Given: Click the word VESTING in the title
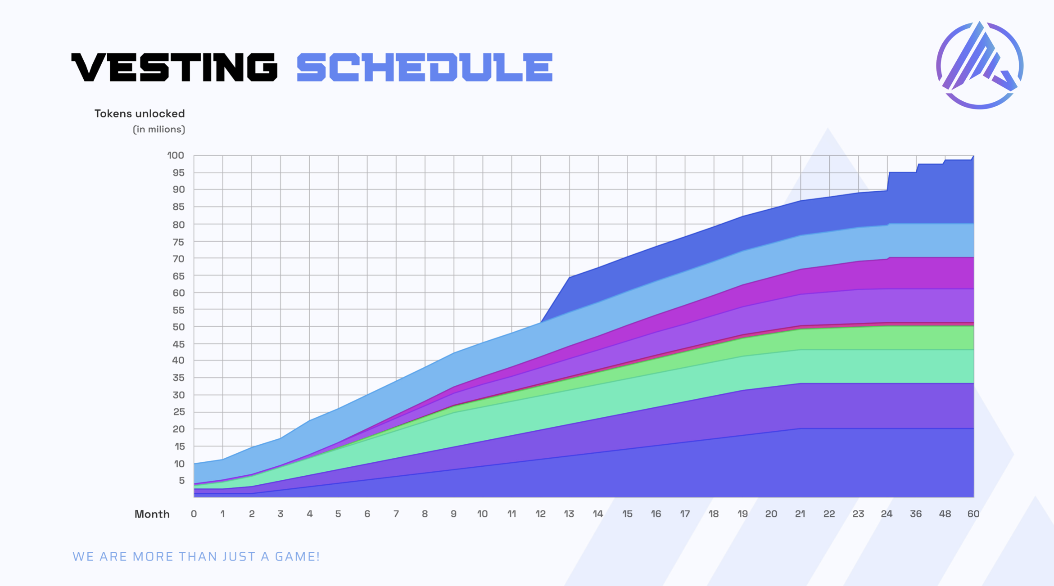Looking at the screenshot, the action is (174, 67).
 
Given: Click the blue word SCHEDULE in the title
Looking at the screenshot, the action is (425, 67).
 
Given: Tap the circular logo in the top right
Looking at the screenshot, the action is (980, 65).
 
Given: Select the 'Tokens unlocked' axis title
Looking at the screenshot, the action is (140, 113).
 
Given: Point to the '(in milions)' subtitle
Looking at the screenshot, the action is (159, 130).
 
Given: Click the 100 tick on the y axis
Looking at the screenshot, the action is (176, 155).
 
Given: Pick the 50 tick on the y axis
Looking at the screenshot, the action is (178, 327).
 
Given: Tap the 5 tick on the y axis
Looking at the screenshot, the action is (181, 481).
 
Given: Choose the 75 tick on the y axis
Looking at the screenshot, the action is (178, 242).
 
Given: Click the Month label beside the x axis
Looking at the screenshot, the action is (152, 514).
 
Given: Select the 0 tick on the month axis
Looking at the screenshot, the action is (194, 514).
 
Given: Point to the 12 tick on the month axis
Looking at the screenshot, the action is (540, 514).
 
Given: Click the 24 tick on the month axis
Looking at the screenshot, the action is (887, 514).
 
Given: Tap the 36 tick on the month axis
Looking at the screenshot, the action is (916, 514).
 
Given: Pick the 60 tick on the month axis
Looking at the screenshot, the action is (973, 514).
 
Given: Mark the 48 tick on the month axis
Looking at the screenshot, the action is (945, 514).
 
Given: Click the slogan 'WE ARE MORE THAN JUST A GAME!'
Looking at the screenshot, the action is (196, 557).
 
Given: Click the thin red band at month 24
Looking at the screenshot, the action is (887, 324).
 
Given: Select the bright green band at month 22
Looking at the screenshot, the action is (829, 339).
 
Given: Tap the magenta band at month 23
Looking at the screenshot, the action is (858, 275).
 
